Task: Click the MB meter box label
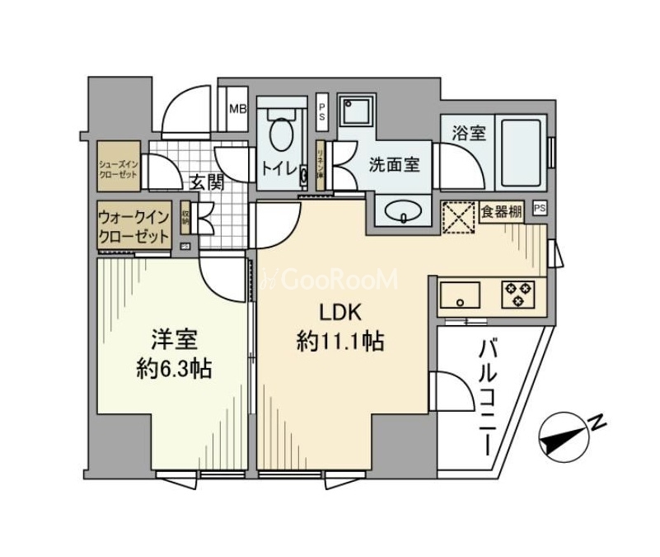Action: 237,109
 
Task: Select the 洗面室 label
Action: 393,164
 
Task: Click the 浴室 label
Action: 469,133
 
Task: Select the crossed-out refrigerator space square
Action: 459,217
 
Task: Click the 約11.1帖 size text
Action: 339,342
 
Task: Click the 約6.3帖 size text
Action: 174,368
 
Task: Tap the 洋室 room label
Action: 174,338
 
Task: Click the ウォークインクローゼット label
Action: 133,225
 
